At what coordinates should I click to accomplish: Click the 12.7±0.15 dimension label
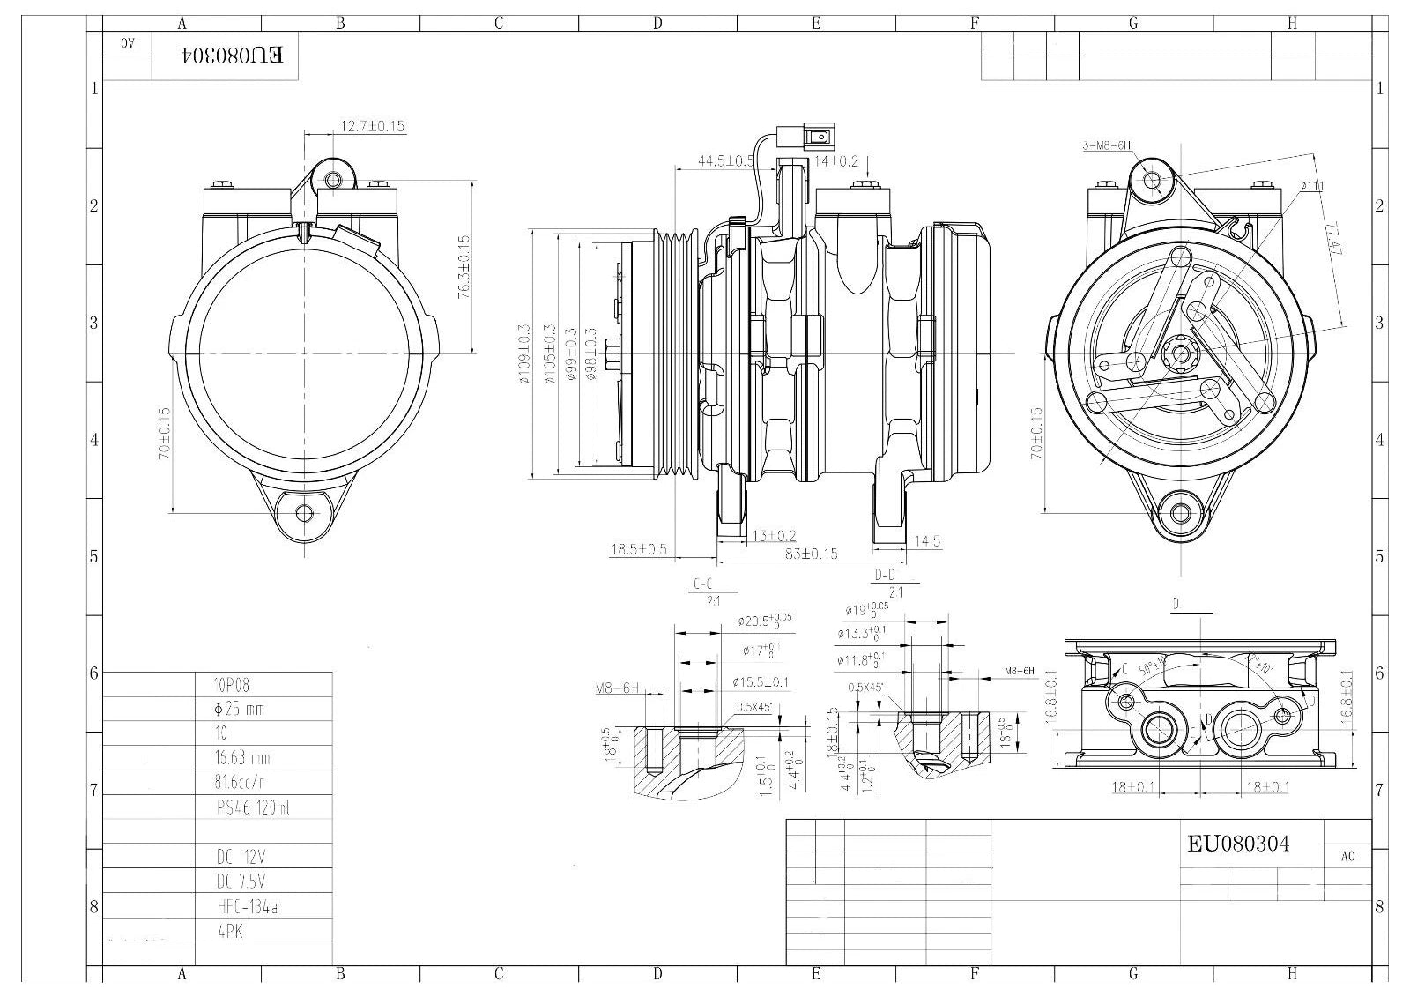372,126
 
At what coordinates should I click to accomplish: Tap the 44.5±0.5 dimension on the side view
725,161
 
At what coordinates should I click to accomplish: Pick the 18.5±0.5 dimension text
639,549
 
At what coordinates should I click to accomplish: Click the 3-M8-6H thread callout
1106,146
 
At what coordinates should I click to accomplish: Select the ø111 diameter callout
1312,186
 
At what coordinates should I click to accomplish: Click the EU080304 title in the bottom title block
1238,844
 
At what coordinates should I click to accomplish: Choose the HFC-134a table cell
247,906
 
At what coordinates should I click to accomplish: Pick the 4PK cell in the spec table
230,930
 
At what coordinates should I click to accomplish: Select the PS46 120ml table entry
252,807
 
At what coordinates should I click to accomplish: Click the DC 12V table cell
240,857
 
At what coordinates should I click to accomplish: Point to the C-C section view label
702,584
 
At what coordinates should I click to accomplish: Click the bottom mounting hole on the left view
305,512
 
